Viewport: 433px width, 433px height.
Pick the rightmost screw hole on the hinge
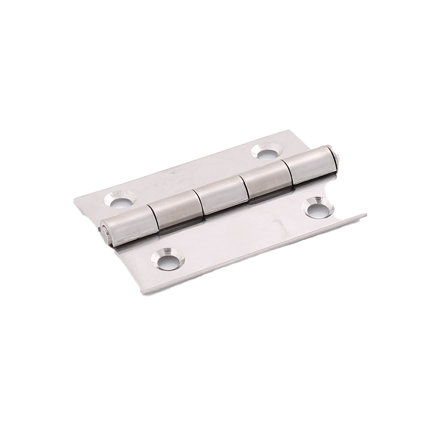[x=318, y=208]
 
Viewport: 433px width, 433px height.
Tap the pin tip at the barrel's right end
[x=337, y=156]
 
